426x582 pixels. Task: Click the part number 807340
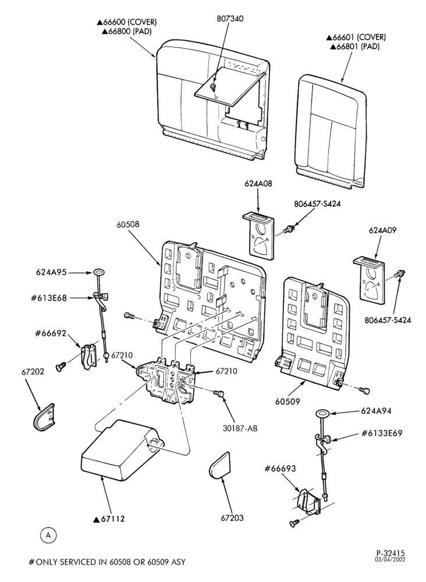pyautogui.click(x=230, y=19)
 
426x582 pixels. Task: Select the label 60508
pyautogui.click(x=128, y=225)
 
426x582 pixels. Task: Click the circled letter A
pyautogui.click(x=48, y=535)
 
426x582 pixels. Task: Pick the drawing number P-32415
pyautogui.click(x=390, y=553)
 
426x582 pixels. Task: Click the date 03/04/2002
pyautogui.click(x=390, y=560)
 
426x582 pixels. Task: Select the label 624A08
pyautogui.click(x=258, y=184)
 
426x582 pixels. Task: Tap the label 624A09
pyautogui.click(x=382, y=230)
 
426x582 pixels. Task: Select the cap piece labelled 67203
pyautogui.click(x=219, y=464)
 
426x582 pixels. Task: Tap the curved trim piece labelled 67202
pyautogui.click(x=44, y=417)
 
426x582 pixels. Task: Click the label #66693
pyautogui.click(x=280, y=469)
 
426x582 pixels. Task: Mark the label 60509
pyautogui.click(x=287, y=402)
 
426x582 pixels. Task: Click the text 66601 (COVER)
pyautogui.click(x=356, y=37)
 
